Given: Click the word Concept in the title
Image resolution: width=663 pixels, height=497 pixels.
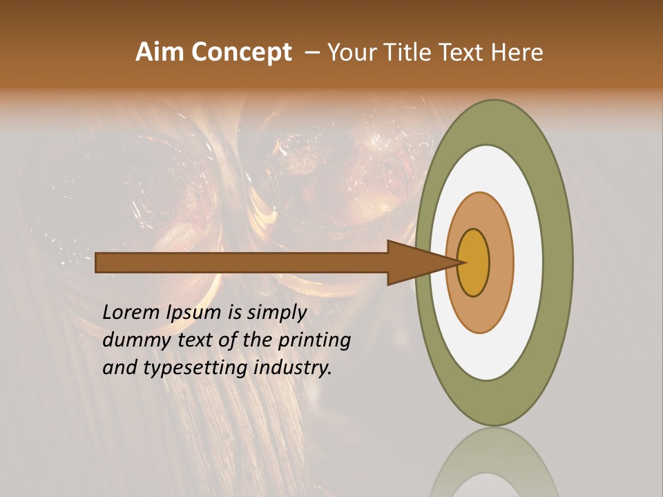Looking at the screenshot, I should coord(241,52).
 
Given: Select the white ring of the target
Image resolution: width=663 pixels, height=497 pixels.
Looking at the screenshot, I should coord(528,262).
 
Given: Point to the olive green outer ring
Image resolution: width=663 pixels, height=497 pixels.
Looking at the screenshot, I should coord(559,262).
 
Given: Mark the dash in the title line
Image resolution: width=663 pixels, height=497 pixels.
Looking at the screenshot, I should coord(311,52).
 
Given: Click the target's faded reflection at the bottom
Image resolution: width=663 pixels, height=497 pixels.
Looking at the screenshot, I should coord(494,466).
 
